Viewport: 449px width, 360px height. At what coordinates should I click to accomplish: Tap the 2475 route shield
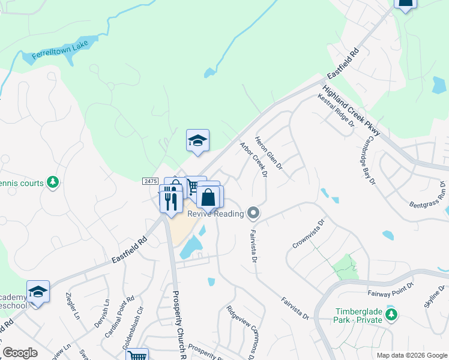point(150,181)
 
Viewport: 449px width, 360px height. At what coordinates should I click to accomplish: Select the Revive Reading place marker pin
point(254,212)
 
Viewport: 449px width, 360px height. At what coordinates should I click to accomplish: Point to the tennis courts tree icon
point(53,182)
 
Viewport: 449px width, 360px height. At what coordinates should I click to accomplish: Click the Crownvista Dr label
point(309,233)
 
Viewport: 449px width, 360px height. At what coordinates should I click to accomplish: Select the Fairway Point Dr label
point(390,290)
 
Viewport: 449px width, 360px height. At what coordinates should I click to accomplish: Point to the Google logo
point(20,353)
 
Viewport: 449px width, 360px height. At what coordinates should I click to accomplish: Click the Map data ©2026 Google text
point(411,355)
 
